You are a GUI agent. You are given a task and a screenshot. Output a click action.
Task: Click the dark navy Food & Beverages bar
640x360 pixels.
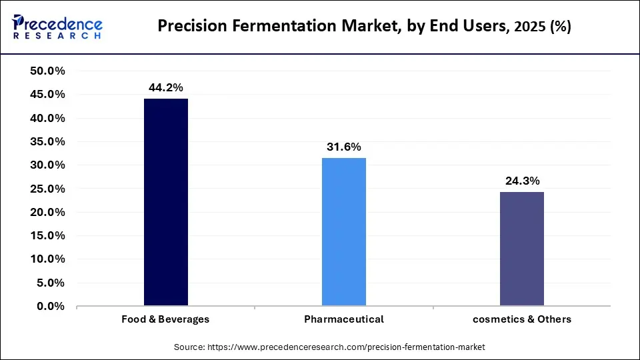tap(165, 202)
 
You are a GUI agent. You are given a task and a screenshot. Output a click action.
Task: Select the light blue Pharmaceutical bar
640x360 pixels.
tap(343, 232)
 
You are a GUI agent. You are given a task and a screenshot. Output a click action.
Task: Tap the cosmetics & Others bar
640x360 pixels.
tap(522, 249)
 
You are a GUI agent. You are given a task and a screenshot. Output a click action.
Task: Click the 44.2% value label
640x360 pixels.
tap(165, 87)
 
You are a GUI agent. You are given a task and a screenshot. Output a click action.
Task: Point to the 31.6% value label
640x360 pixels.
tap(343, 147)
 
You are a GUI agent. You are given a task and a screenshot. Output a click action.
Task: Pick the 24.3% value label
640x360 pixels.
tap(522, 181)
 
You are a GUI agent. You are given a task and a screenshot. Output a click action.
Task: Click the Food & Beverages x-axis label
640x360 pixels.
tap(165, 319)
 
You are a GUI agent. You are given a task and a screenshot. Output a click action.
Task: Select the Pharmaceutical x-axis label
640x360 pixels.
tap(343, 319)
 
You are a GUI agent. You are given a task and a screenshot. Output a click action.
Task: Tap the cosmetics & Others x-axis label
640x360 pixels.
tap(522, 319)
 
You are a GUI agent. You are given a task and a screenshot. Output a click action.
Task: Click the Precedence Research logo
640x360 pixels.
tap(57, 27)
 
